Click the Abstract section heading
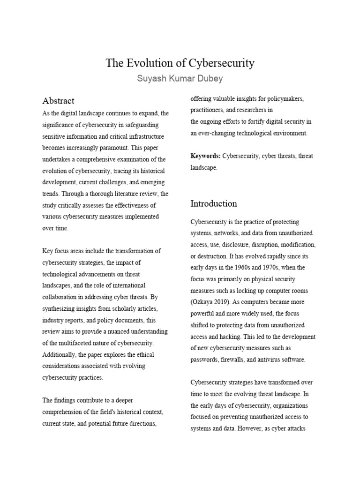tap(58, 101)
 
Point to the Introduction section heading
tap(213, 203)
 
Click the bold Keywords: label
tap(206, 156)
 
